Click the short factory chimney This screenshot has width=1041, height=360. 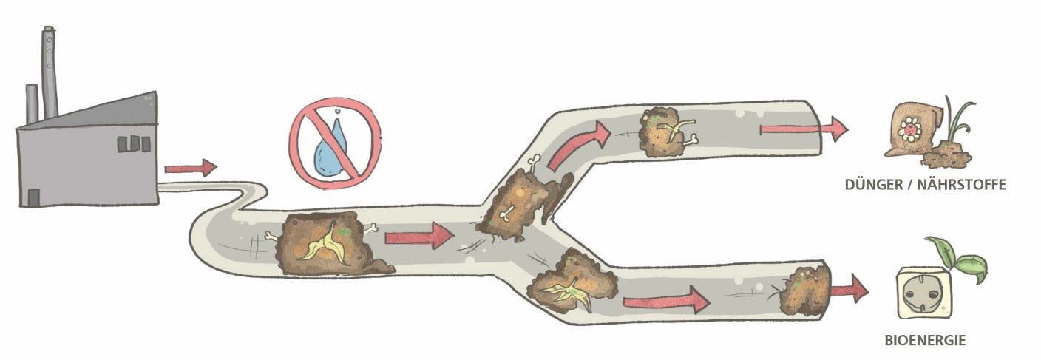click(32, 104)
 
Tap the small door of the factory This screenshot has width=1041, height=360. click(33, 197)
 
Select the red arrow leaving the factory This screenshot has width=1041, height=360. click(191, 168)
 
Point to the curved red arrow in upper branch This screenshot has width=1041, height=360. click(580, 144)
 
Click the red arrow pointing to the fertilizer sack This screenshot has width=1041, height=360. click(804, 129)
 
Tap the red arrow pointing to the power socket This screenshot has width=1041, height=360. click(850, 290)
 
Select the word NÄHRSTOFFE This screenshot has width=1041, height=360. click(962, 185)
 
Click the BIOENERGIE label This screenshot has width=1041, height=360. click(925, 340)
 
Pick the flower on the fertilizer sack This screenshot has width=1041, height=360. click(909, 129)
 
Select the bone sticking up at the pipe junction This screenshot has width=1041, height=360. click(535, 163)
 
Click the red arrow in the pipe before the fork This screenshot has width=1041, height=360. click(419, 236)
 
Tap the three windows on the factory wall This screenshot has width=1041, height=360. click(134, 143)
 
